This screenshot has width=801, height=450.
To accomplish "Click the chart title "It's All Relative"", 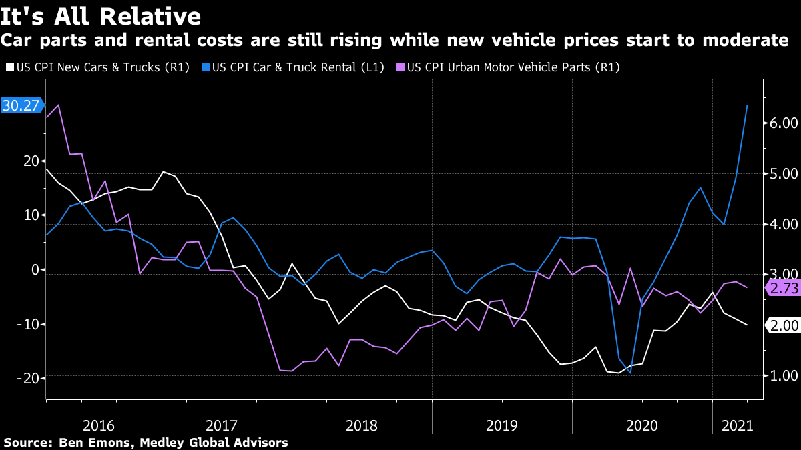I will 101,15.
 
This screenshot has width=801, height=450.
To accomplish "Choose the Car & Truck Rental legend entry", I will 294,67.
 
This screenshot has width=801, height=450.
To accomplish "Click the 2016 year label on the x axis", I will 99,425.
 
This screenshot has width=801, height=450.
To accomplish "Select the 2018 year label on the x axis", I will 362,425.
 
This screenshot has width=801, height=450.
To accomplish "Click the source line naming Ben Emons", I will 146,442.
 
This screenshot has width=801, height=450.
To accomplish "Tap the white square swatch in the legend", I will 9,67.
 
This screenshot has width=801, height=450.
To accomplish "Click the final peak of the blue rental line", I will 747,105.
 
